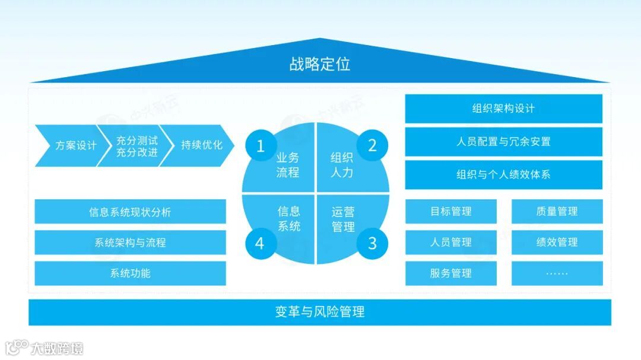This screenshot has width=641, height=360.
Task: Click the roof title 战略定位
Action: click(319, 64)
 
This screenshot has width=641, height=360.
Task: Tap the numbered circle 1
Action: click(260, 145)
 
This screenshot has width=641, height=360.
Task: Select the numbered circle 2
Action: click(372, 145)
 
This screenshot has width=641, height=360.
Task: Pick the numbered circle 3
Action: click(372, 243)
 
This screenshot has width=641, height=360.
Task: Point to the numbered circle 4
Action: click(260, 243)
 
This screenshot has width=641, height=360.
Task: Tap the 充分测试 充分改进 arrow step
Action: click(137, 145)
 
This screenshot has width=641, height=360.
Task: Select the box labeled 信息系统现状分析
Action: click(130, 212)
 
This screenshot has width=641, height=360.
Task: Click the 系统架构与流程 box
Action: click(130, 243)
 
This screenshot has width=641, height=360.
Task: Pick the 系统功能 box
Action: click(130, 273)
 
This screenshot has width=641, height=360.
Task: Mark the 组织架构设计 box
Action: click(503, 109)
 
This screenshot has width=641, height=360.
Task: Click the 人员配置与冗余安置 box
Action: click(503, 142)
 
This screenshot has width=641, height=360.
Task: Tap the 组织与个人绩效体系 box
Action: click(503, 175)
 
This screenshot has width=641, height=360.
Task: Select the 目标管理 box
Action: click(450, 212)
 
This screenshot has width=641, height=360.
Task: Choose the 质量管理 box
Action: click(557, 212)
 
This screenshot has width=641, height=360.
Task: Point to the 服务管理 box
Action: click(450, 273)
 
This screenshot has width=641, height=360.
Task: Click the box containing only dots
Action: click(557, 273)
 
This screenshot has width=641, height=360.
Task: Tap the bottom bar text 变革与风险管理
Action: click(319, 312)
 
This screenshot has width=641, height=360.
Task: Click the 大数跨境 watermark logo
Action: click(44, 348)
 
